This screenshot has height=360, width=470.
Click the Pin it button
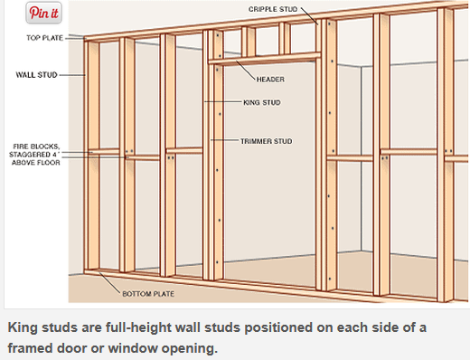(43, 13)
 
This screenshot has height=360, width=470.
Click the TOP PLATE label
(44, 38)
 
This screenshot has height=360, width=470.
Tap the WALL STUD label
(36, 75)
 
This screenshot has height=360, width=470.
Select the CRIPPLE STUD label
(273, 9)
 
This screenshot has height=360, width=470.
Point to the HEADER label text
(270, 80)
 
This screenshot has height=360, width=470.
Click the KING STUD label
(262, 102)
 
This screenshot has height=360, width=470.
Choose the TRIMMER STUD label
(267, 141)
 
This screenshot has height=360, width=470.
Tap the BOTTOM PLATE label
(148, 294)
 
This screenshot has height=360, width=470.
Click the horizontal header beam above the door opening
(264, 59)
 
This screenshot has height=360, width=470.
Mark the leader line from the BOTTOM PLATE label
(109, 282)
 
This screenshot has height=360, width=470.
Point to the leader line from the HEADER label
(246, 71)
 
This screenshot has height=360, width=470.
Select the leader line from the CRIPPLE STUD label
(309, 16)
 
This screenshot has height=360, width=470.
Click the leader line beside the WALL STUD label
(72, 75)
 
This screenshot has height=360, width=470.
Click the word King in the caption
(23, 327)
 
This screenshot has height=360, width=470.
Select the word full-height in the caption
(138, 328)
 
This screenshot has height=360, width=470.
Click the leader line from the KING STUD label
(223, 102)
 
